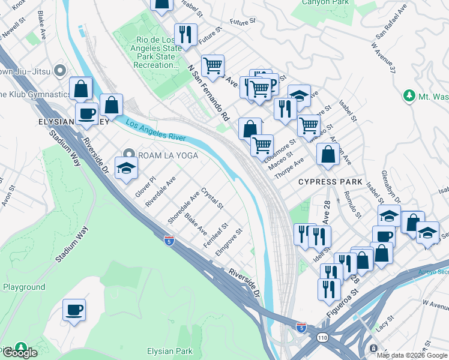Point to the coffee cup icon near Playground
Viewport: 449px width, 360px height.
[74, 310]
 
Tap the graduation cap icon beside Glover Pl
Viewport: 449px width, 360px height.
[127, 169]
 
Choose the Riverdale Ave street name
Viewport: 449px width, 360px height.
[160, 191]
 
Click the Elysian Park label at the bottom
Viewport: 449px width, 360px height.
[170, 352]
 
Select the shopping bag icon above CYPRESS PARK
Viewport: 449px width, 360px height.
[328, 155]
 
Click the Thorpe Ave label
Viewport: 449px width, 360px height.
[289, 167]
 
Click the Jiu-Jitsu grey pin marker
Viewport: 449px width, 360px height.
[59, 71]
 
